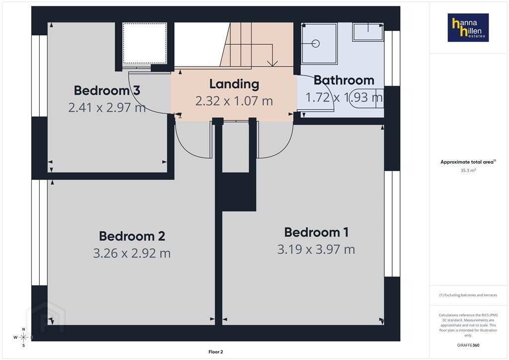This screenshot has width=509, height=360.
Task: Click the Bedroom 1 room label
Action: [x=316, y=232]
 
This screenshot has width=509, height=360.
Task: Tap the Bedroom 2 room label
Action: [x=132, y=236]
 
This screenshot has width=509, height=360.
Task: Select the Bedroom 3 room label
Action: [x=107, y=90]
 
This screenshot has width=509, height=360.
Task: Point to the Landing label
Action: [x=234, y=84]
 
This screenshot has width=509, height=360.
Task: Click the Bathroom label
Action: [x=344, y=80]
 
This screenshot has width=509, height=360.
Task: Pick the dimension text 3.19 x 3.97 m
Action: [x=316, y=249]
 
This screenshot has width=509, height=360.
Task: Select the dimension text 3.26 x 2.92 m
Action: [x=132, y=253]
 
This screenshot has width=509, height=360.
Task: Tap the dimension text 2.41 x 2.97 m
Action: [x=107, y=107]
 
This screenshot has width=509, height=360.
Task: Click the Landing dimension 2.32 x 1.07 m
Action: [x=234, y=101]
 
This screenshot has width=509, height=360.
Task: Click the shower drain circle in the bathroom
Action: [x=316, y=43]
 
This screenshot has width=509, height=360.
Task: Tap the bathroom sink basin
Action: [x=368, y=32]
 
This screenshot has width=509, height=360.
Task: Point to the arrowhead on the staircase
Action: [x=272, y=63]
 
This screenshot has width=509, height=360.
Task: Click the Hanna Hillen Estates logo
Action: [x=468, y=27]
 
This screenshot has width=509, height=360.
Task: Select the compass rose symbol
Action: [x=23, y=337]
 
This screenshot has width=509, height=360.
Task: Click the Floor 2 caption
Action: [x=216, y=352]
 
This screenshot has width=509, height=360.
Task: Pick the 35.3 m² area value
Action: [x=468, y=171]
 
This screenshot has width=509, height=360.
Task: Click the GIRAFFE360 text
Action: [x=468, y=345]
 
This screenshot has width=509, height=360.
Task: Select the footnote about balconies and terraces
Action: [x=468, y=295]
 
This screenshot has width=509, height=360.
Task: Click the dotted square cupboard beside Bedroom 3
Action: [x=145, y=43]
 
